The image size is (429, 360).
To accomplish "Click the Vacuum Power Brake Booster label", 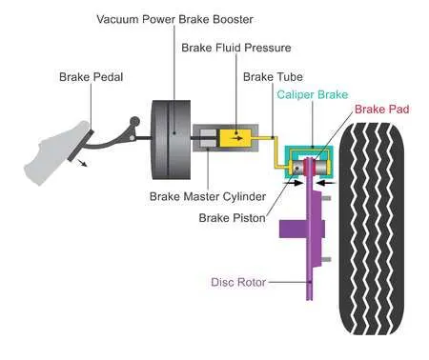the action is pyautogui.click(x=174, y=19).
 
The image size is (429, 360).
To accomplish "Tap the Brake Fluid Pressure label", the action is pyautogui.click(x=236, y=48).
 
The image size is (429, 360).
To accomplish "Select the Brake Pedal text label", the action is pyautogui.click(x=91, y=77).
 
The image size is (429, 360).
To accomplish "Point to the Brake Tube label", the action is pyautogui.click(x=273, y=77).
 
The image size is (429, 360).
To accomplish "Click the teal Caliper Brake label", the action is pyautogui.click(x=313, y=94).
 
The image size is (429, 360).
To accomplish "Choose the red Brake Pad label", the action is pyautogui.click(x=381, y=110).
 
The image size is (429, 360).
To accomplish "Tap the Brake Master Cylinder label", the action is pyautogui.click(x=208, y=196).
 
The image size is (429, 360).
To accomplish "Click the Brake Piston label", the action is pyautogui.click(x=232, y=218).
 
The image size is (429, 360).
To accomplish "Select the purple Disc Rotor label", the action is pyautogui.click(x=238, y=282).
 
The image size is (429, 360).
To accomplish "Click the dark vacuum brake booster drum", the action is pyautogui.click(x=172, y=140).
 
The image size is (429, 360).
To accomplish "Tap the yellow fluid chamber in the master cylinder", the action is pyautogui.click(x=235, y=138).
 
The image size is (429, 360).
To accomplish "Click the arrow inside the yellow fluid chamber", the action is pyautogui.click(x=237, y=138).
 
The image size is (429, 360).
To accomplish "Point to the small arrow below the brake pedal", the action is pyautogui.click(x=82, y=163).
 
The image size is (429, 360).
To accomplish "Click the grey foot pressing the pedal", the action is pyautogui.click(x=54, y=152).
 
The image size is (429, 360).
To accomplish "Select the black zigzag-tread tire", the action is pyautogui.click(x=372, y=229).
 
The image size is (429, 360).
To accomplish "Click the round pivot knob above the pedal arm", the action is pyautogui.click(x=134, y=121).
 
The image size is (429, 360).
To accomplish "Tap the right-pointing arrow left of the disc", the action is pyautogui.click(x=294, y=183).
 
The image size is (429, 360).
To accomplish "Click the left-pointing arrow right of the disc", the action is pyautogui.click(x=326, y=183).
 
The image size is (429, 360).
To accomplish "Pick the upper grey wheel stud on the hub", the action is pyautogui.click(x=327, y=198).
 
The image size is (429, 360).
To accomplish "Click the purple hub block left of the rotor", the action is pyautogui.click(x=293, y=229).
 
